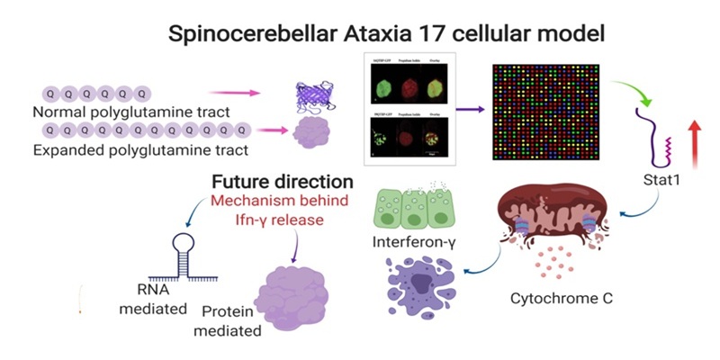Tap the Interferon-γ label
412,243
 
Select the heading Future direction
270,180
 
